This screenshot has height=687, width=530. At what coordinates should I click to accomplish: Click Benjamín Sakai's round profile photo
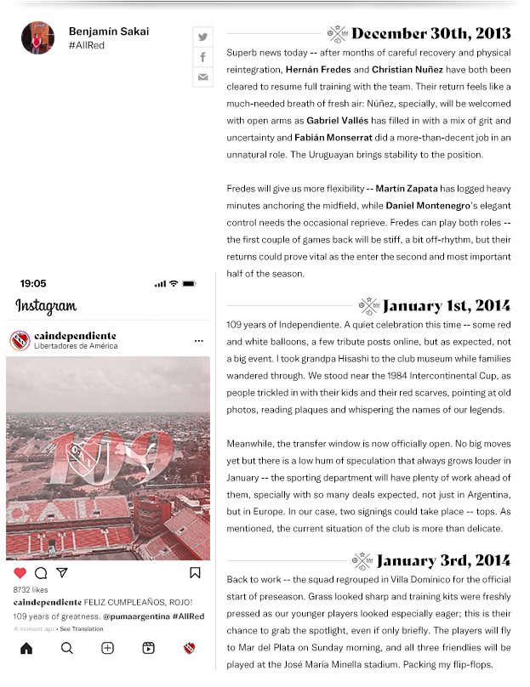point(37,38)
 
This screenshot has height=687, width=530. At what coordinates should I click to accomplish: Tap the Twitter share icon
point(202,37)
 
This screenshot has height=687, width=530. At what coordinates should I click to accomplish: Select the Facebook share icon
point(202,57)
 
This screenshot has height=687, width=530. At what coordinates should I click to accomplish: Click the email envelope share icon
point(202,77)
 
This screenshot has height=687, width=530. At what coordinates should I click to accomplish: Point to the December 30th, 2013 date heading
point(430,34)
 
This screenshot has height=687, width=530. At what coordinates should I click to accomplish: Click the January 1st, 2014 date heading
point(446,306)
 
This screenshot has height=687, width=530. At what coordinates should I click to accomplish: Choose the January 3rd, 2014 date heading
point(442,561)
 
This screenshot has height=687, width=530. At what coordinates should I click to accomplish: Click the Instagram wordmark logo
point(46,307)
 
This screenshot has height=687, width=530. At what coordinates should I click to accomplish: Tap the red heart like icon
point(20,573)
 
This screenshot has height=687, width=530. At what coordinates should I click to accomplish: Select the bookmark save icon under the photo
point(195,573)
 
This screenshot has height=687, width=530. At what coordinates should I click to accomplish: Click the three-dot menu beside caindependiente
point(198,341)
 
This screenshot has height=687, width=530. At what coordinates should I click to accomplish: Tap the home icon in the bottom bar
point(26,648)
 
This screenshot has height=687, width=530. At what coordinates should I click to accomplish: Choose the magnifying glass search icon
point(66,648)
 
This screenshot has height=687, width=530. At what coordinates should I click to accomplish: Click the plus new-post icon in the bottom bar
point(108,648)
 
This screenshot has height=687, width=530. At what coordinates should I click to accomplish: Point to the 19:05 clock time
point(33,284)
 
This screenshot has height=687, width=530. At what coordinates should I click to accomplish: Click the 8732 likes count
point(31,589)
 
